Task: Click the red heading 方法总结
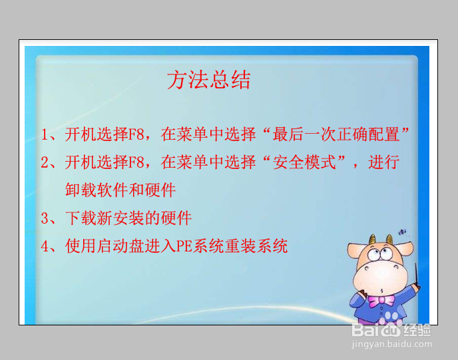(x=208, y=79)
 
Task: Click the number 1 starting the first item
(x=45, y=134)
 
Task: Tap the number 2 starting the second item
(x=45, y=162)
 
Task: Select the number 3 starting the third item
(x=45, y=218)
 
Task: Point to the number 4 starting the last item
(x=45, y=246)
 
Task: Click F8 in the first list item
(x=136, y=134)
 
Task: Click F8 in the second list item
(x=136, y=162)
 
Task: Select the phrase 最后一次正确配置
(x=336, y=134)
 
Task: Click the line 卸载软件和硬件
(x=120, y=190)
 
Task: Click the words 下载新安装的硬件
(x=128, y=218)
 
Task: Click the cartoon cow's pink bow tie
(x=381, y=301)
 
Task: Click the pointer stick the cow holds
(x=417, y=276)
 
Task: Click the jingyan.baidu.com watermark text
(x=391, y=344)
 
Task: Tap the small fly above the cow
(x=402, y=232)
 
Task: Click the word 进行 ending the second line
(x=384, y=162)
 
